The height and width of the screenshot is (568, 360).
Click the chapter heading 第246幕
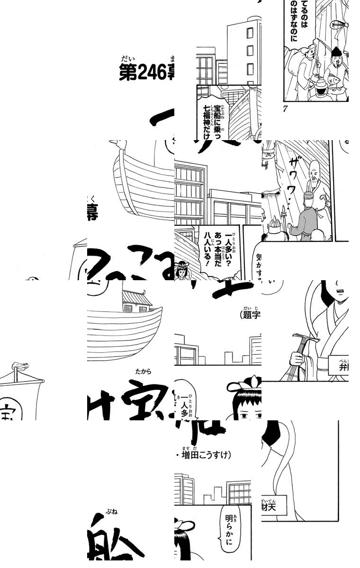[146, 73]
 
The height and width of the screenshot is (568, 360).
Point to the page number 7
[285, 109]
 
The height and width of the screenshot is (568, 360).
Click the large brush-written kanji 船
[123, 544]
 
